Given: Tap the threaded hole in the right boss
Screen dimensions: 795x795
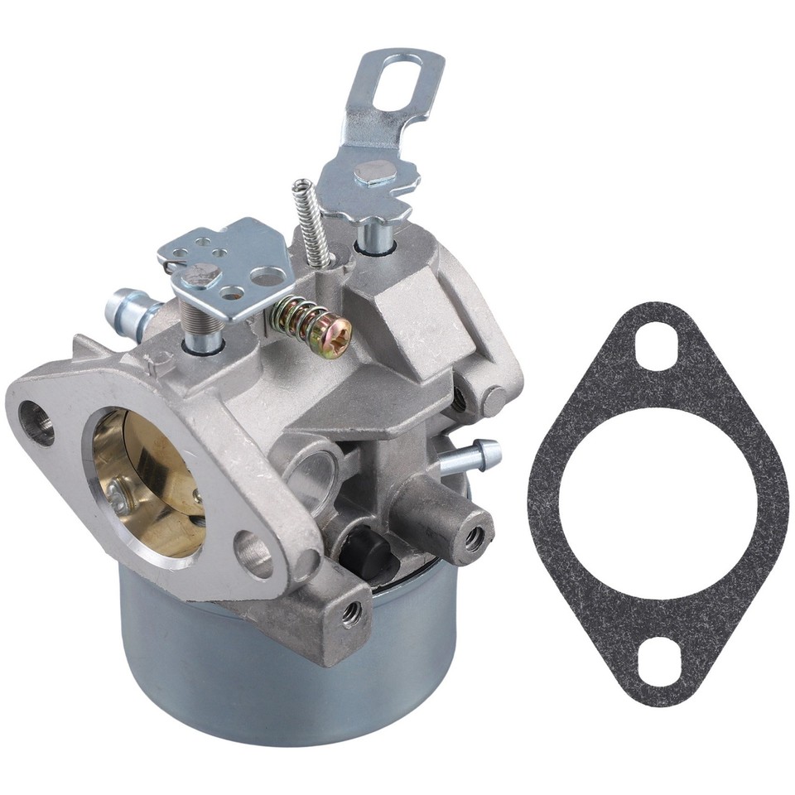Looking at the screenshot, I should tap(474, 538).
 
